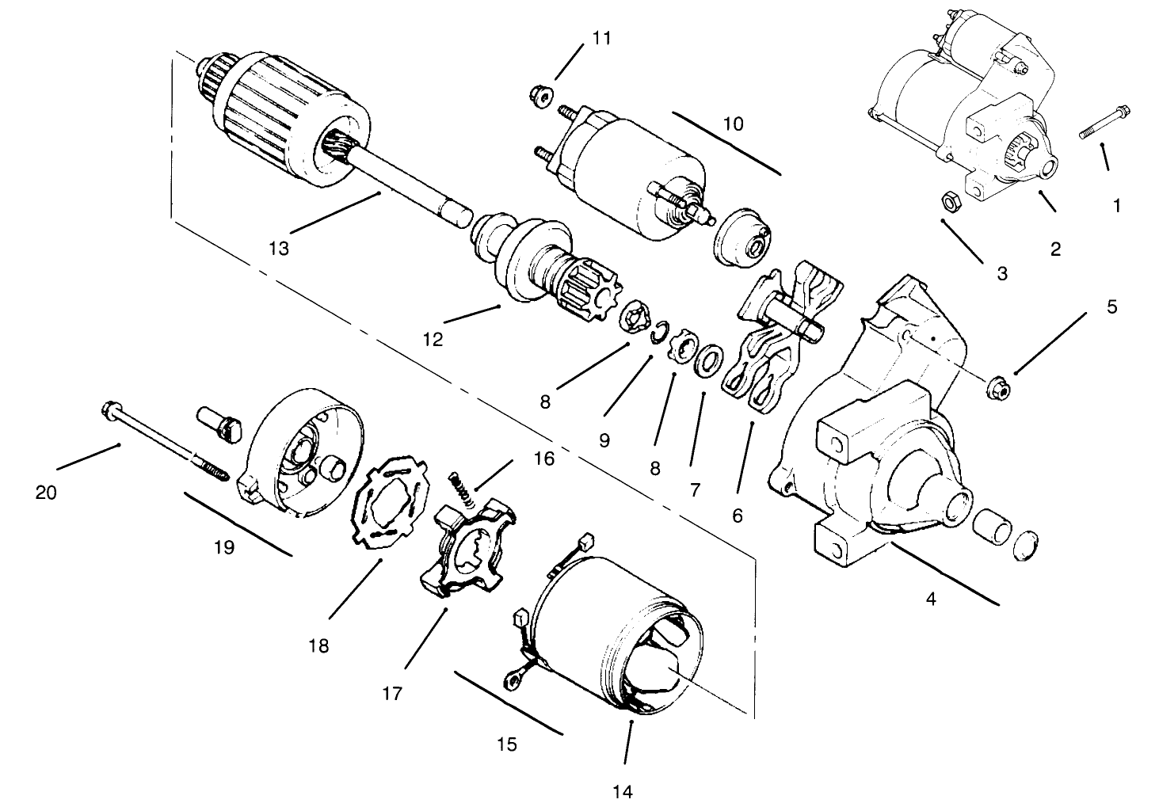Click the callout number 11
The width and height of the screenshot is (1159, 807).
[602, 39]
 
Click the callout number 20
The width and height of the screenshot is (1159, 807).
[45, 493]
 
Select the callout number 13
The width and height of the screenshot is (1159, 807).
[279, 249]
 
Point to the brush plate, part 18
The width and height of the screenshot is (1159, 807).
[391, 502]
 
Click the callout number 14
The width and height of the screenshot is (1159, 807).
[623, 791]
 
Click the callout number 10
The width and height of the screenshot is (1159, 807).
[733, 124]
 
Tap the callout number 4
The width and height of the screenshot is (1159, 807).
[931, 599]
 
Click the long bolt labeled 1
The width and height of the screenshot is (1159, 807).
[1104, 123]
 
